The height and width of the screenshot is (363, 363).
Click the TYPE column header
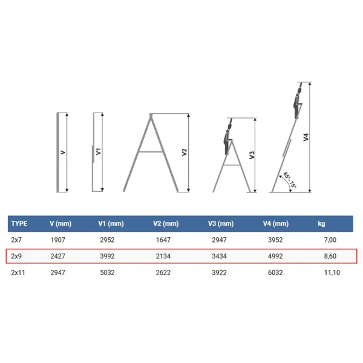[x=19, y=224]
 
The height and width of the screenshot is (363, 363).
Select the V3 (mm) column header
[x=221, y=224]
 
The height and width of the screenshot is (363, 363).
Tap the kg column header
[x=321, y=224]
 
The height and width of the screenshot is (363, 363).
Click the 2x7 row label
[x=16, y=240]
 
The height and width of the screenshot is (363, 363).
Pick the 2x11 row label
[x=18, y=272]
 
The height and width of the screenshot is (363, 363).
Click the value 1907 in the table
[x=58, y=240]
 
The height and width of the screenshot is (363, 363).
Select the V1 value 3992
[x=107, y=257]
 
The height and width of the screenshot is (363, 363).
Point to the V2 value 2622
[x=163, y=272]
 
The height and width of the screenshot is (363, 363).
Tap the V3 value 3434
[x=219, y=257]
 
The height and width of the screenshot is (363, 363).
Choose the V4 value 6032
[x=275, y=272]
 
